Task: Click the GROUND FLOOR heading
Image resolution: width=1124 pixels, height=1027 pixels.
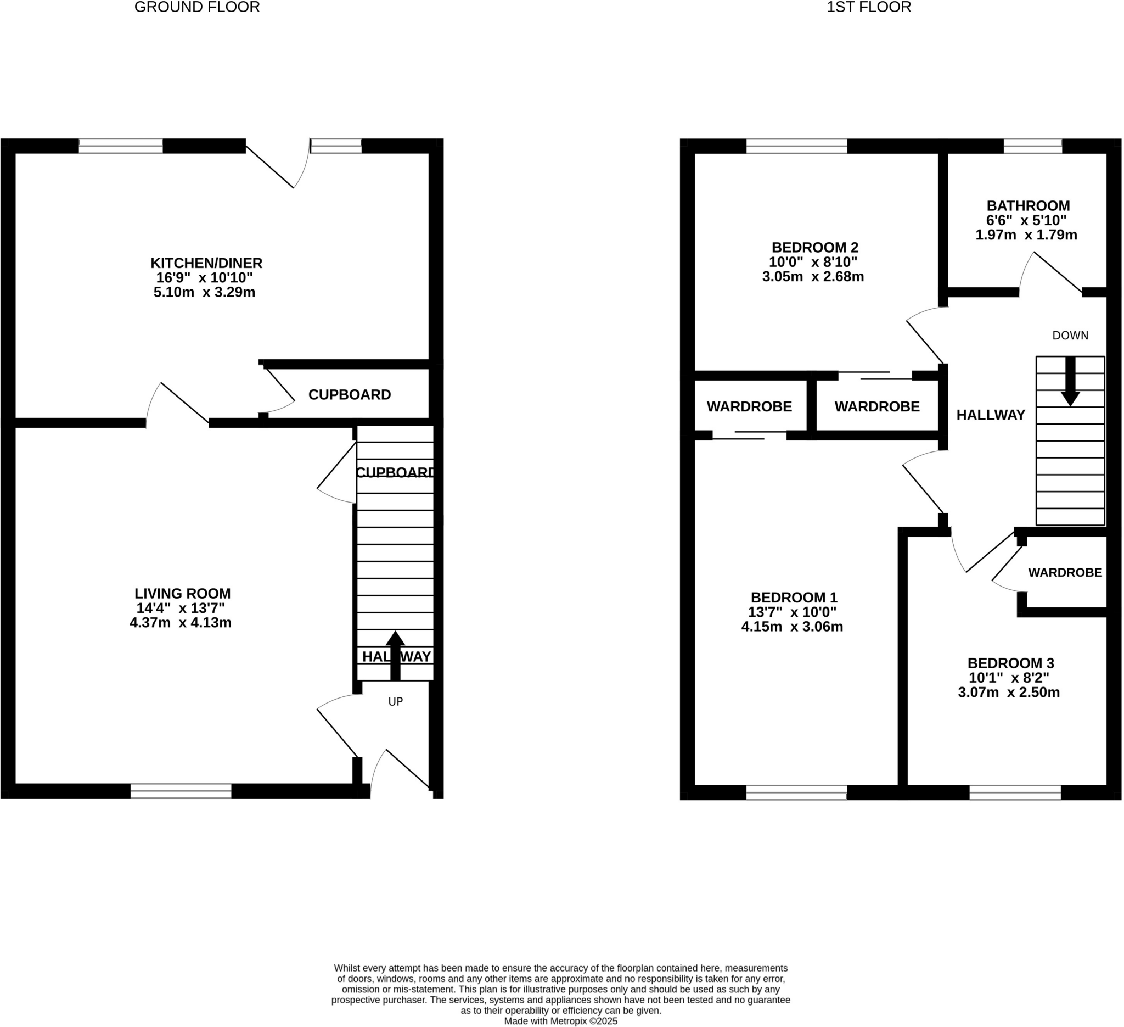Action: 197,7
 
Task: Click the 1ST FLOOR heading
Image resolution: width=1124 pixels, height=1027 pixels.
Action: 868,7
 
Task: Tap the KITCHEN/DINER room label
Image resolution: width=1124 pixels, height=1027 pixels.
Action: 206,263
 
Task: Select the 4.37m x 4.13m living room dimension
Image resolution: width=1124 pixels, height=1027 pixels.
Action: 181,623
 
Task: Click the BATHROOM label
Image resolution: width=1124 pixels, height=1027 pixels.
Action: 1027,206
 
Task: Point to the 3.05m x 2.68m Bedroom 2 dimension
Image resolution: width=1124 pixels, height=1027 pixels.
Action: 812,277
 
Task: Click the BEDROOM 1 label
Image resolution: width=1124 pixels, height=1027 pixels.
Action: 794,598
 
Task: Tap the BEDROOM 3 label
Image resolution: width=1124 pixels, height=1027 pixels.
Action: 1010,664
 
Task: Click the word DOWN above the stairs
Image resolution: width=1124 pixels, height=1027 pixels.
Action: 1070,336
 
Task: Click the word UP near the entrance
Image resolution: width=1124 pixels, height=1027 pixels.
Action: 395,702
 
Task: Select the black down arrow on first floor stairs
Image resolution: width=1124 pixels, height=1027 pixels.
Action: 1070,382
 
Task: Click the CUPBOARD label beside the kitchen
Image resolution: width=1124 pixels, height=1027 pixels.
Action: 350,395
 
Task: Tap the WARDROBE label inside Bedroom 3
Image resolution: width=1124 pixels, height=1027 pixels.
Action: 1064,573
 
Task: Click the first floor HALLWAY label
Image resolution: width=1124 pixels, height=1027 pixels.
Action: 990,415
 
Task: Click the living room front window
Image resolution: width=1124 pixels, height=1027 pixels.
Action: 181,791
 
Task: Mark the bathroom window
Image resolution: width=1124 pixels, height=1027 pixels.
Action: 1032,146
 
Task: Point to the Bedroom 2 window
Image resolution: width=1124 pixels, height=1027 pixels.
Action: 796,146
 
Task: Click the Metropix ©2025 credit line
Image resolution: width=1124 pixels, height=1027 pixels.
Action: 560,1022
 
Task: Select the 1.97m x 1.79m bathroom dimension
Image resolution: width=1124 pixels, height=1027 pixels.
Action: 1025,236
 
